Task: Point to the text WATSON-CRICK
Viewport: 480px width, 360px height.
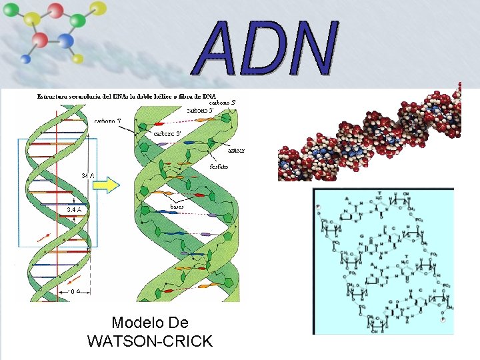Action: pos(150,342)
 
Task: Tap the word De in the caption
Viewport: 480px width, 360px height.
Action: pos(178,323)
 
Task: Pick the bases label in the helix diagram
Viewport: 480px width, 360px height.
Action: pos(177,207)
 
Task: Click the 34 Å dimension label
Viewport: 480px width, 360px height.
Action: pos(88,175)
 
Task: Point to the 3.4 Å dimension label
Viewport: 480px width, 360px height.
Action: pos(75,209)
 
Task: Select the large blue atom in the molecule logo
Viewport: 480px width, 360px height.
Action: pos(65,41)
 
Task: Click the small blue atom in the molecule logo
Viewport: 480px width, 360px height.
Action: pos(26,59)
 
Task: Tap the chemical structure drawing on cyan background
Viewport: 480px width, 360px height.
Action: pos(383,261)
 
